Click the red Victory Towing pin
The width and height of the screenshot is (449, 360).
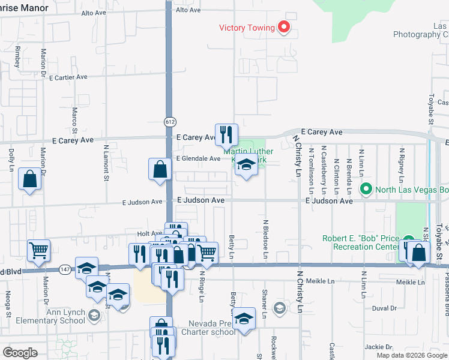[x=283, y=27]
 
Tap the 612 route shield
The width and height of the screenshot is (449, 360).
[x=169, y=121]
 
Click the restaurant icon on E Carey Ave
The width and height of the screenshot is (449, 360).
[x=226, y=134]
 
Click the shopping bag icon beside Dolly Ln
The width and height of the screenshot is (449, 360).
[x=30, y=179]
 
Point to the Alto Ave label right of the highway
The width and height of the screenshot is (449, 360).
[x=188, y=10]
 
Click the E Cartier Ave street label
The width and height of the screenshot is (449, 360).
[x=68, y=77]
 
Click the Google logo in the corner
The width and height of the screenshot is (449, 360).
[x=20, y=352]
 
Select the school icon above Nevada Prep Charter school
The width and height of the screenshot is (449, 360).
[x=244, y=318]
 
